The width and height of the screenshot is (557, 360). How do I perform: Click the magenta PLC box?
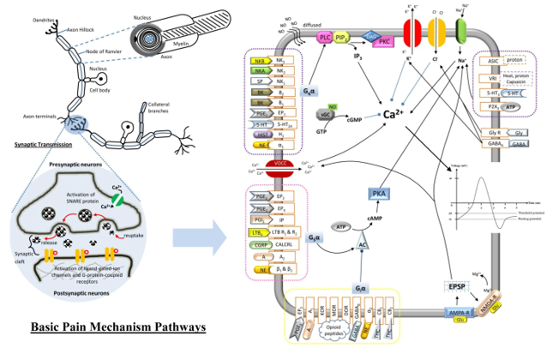coord(325,39)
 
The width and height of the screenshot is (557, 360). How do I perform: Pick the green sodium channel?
coord(461,30)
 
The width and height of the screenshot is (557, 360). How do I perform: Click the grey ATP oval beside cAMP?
coord(343,227)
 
